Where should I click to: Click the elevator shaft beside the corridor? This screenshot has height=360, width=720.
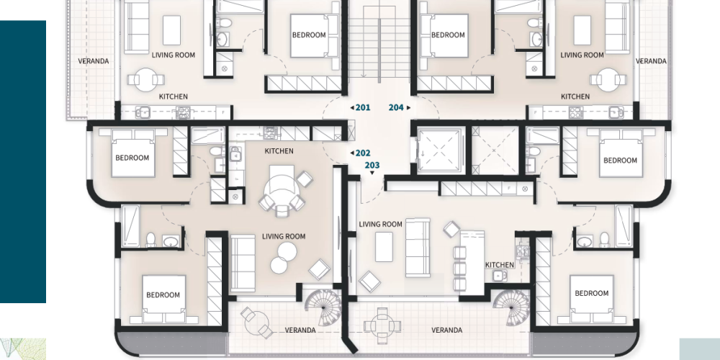[439, 150]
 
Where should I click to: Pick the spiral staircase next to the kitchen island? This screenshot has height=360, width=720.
[511, 307]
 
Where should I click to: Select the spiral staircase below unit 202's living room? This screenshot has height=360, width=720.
[323, 307]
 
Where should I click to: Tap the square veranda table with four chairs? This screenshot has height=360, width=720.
[382, 326]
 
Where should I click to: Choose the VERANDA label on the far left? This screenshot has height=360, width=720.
[93, 61]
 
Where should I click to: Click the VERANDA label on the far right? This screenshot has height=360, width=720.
[651, 61]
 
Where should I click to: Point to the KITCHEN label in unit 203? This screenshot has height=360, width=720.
[500, 265]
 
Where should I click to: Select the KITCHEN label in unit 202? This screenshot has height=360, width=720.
[279, 151]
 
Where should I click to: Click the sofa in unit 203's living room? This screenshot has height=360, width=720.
[418, 248]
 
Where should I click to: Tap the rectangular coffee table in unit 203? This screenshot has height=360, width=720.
[384, 247]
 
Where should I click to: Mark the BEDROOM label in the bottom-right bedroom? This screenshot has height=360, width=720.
[591, 294]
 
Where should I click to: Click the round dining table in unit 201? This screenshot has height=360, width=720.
[146, 80]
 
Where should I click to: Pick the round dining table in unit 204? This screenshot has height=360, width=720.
[608, 80]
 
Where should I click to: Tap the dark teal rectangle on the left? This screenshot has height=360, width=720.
[23, 161]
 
